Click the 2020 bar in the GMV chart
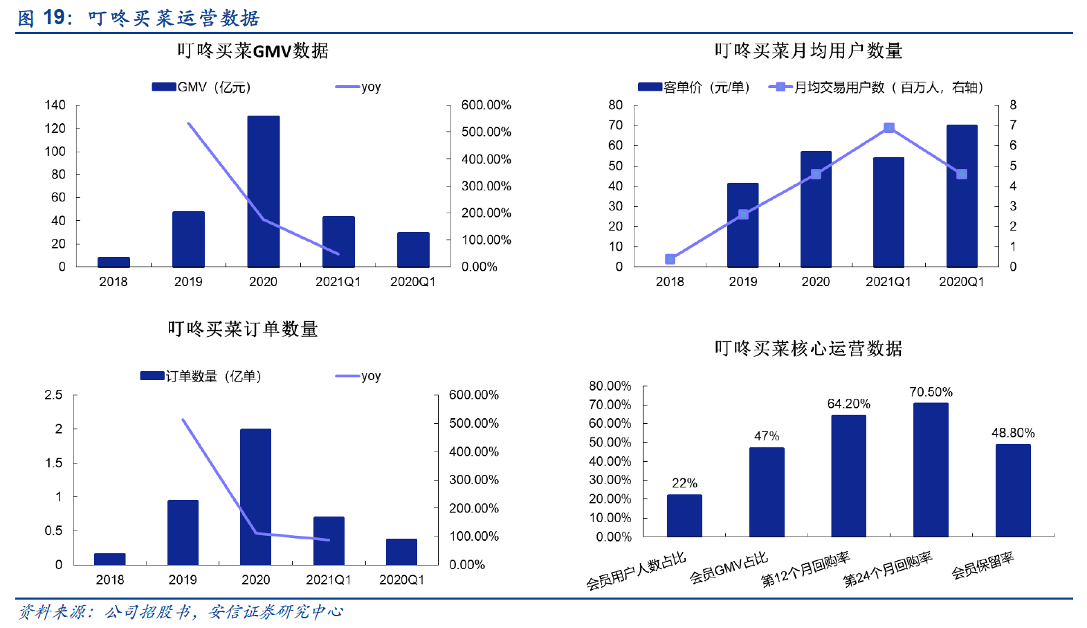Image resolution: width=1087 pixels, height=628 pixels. click(264, 191)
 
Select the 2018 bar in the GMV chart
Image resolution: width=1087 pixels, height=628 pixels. click(113, 262)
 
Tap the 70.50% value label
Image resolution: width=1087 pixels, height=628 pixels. click(931, 392)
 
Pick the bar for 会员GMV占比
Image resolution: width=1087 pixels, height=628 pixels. click(767, 492)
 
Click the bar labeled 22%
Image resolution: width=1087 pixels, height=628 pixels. click(684, 515)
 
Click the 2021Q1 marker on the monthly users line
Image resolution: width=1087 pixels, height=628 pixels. click(889, 128)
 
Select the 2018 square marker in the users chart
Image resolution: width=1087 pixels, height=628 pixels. click(670, 259)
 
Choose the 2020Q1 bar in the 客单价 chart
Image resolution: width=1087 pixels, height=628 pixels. click(962, 196)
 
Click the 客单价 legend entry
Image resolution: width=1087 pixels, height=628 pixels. click(693, 87)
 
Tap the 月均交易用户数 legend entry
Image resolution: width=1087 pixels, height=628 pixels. click(876, 87)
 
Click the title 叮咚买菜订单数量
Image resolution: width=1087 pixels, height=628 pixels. click(242, 329)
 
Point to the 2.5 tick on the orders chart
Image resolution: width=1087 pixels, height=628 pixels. click(54, 395)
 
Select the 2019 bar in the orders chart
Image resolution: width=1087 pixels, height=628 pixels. click(183, 532)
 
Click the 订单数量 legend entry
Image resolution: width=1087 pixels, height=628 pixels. click(201, 376)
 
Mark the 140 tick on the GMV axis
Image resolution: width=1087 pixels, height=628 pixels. click(55, 105)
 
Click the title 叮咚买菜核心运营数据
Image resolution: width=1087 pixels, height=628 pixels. click(808, 348)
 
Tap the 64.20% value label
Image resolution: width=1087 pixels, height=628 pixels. click(848, 404)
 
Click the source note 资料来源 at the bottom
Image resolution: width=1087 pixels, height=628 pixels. click(180, 611)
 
